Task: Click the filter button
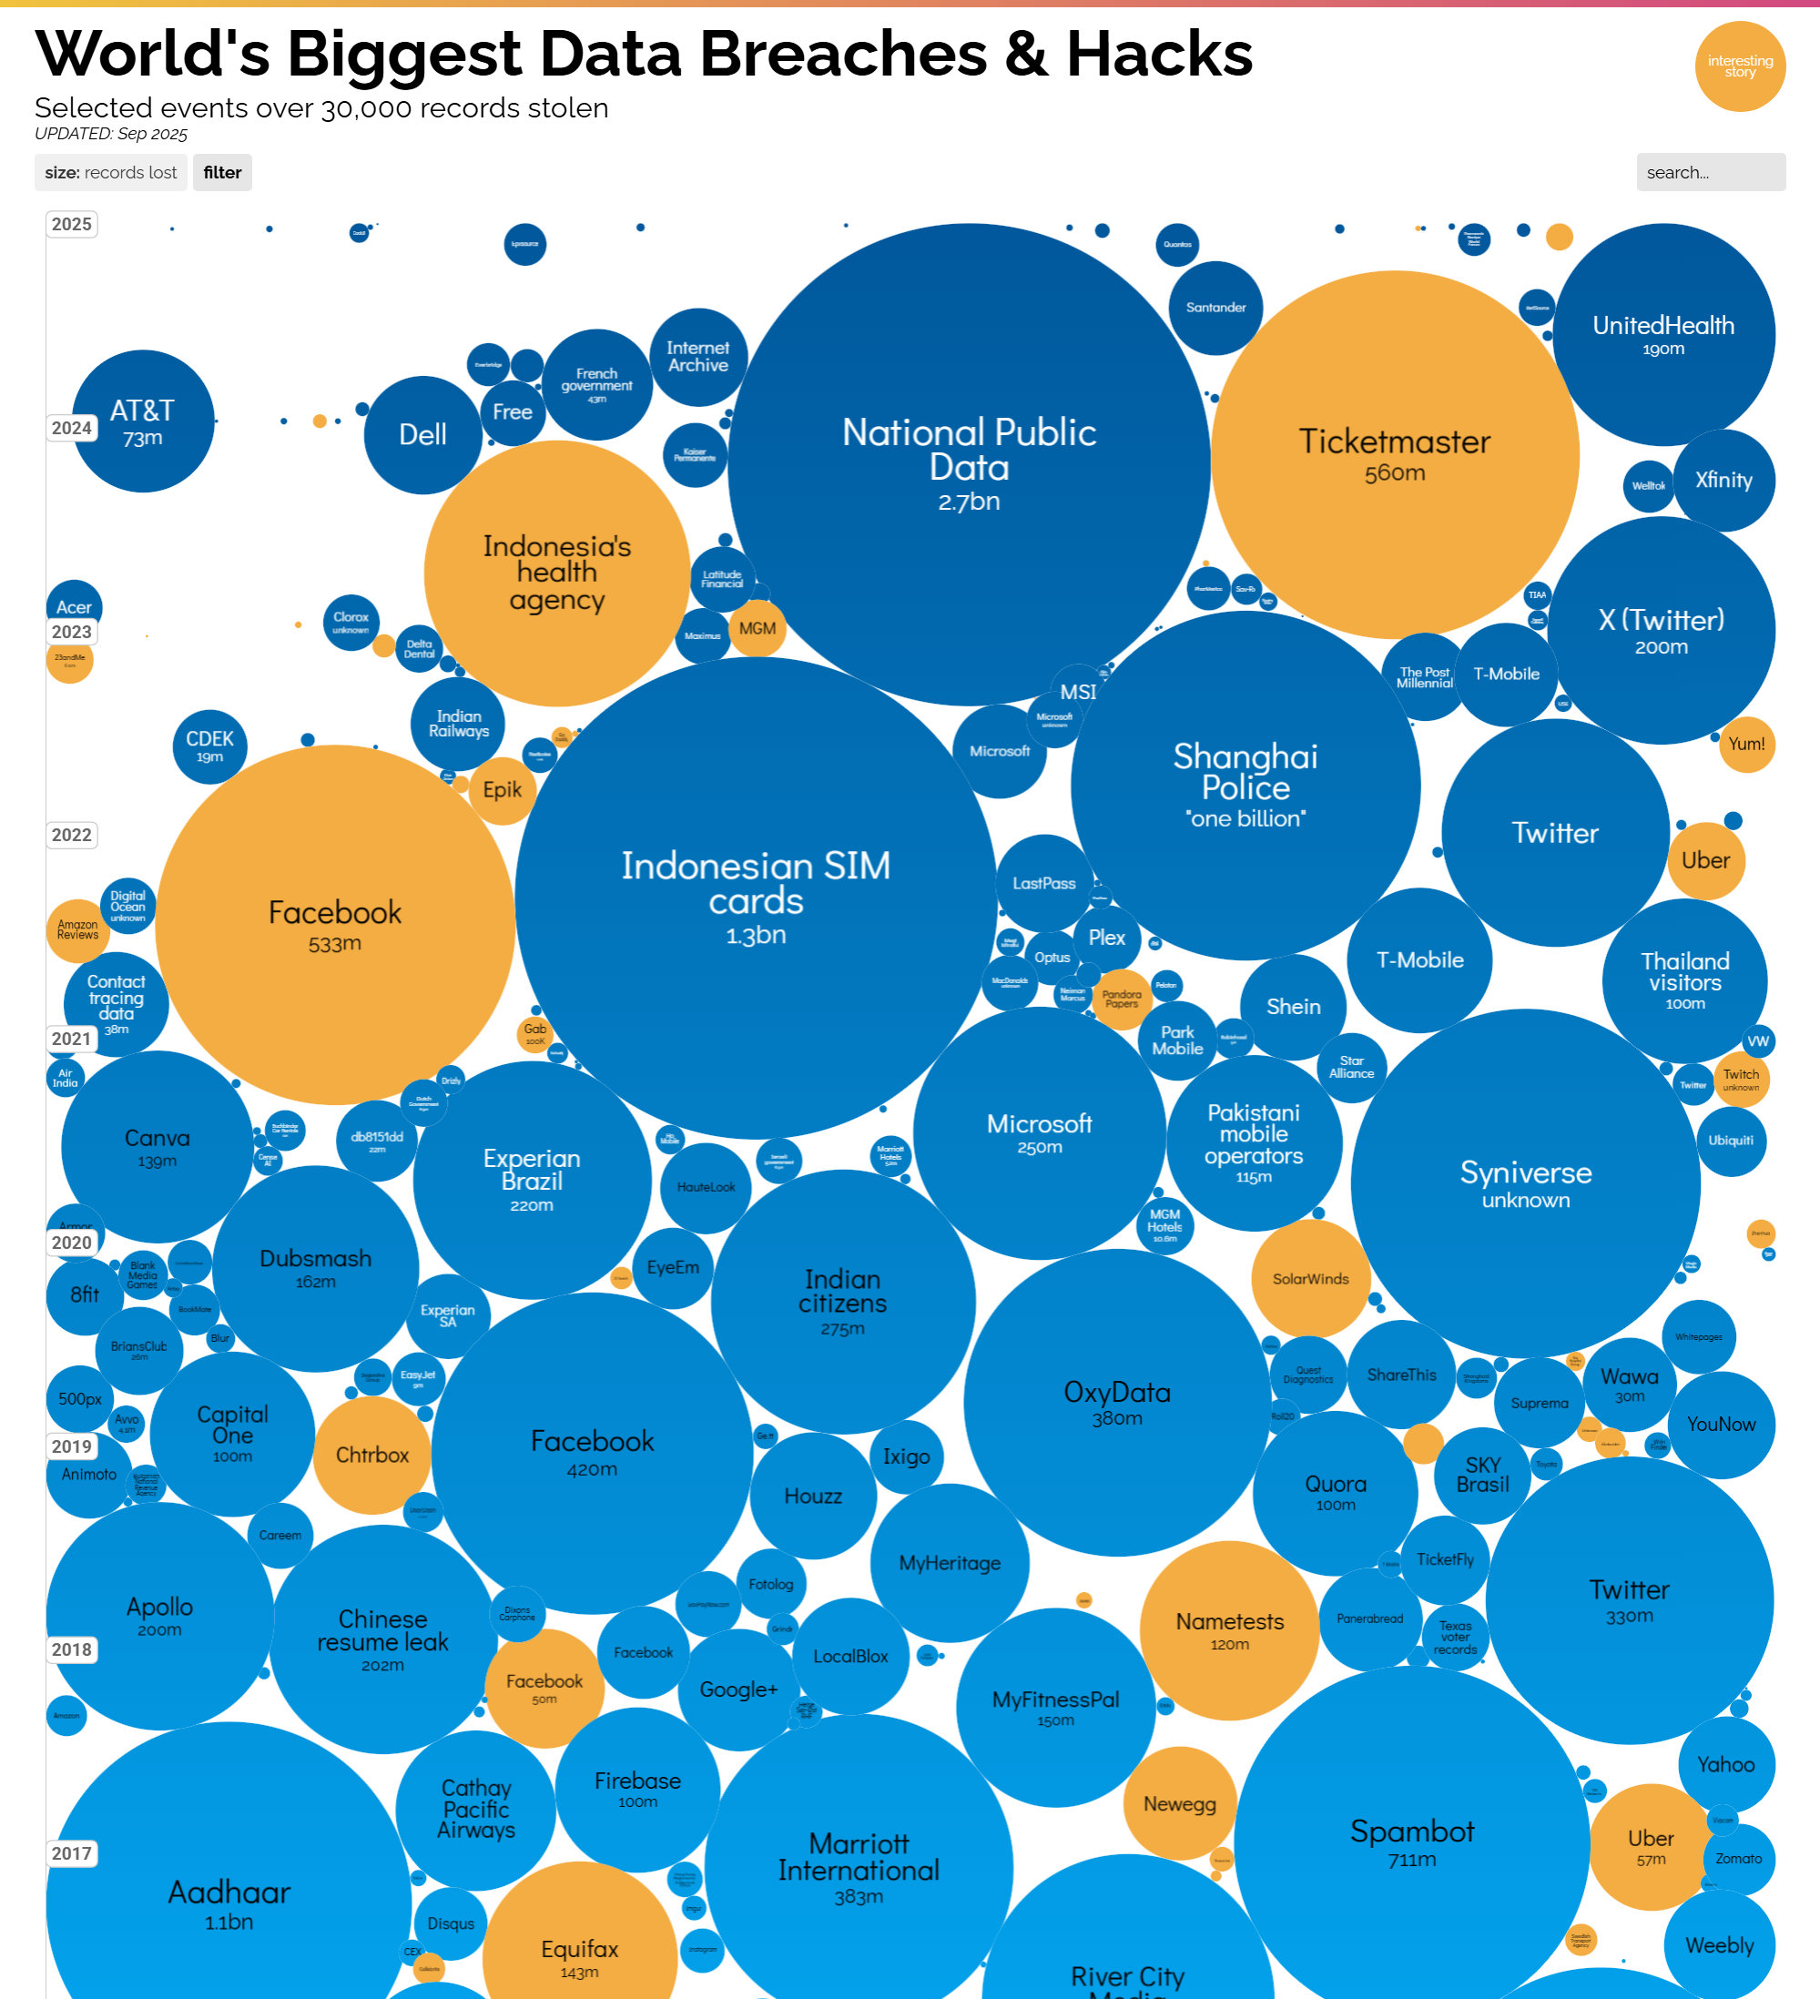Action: [x=222, y=173]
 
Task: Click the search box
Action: [x=1710, y=173]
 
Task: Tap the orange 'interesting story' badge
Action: [x=1740, y=66]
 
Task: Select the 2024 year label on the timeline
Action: [x=71, y=429]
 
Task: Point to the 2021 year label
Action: [x=71, y=1040]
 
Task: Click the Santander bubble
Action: [x=1216, y=308]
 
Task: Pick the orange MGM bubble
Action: [x=757, y=629]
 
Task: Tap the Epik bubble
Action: [x=502, y=790]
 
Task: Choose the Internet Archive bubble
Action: [x=698, y=357]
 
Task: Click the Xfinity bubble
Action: [x=1723, y=481]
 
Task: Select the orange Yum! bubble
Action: [x=1746, y=745]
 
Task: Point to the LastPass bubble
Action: [x=1044, y=884]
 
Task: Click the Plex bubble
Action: [x=1107, y=938]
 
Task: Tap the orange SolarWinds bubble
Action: [x=1311, y=1279]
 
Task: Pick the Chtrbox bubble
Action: [x=372, y=1455]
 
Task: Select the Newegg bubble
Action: [x=1180, y=1803]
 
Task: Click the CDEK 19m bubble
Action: [x=209, y=746]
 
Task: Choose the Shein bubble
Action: [x=1294, y=1008]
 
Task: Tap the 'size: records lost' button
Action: [x=111, y=173]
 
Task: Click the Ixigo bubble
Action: [x=907, y=1456]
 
